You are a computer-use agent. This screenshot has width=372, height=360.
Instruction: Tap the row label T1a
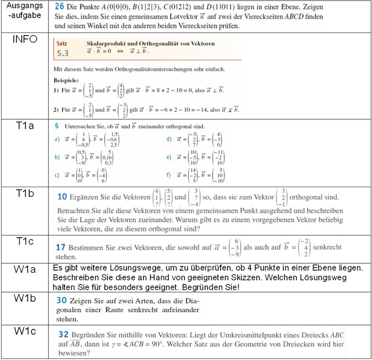[26, 125]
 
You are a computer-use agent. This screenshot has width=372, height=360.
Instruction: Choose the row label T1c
[26, 241]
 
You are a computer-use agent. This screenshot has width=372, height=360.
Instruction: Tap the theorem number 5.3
[63, 54]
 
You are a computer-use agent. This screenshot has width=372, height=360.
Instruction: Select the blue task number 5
[57, 127]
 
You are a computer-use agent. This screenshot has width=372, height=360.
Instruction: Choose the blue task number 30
[62, 300]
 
